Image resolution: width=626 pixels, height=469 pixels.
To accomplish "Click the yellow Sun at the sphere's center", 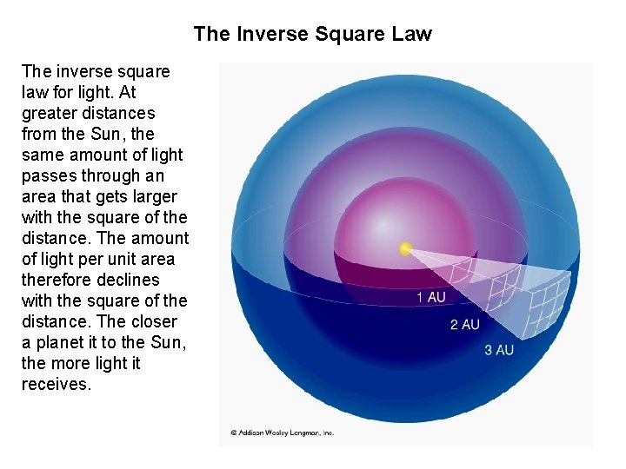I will click(x=405, y=249).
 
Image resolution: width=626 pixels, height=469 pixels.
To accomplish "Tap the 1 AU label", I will click(x=431, y=298).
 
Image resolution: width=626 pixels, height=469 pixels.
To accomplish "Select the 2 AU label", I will click(x=464, y=324).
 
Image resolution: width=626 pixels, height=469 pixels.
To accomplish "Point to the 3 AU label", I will click(x=499, y=350).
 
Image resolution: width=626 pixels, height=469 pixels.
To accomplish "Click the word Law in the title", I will click(x=411, y=34).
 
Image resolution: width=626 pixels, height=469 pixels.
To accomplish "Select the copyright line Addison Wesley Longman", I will click(x=282, y=433).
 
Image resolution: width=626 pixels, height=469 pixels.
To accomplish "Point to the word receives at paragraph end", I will click(x=56, y=384).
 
